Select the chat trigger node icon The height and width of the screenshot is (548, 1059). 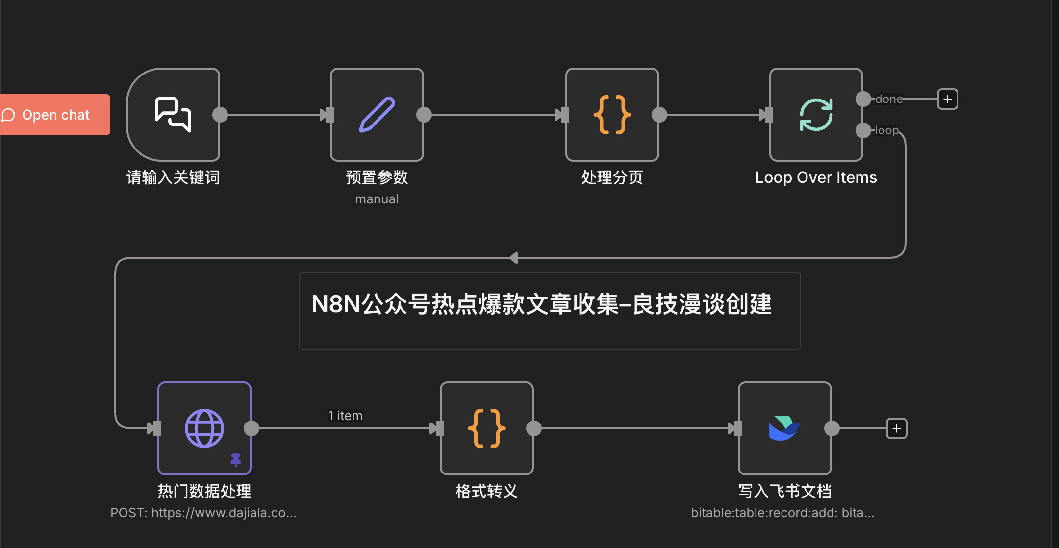(173, 115)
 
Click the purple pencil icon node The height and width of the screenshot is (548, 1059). (377, 115)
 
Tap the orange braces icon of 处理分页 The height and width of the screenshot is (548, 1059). (612, 115)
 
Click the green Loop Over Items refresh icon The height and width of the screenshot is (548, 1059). (816, 115)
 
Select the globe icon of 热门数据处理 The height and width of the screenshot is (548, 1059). (204, 428)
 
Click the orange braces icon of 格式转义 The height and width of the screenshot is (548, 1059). (486, 428)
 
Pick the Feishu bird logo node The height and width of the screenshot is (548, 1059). (784, 428)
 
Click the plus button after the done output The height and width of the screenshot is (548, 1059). (947, 99)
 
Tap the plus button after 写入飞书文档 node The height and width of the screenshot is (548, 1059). (896, 428)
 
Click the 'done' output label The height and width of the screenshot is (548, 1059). (889, 99)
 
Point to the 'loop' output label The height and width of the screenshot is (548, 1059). (887, 130)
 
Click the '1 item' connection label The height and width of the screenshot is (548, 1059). (345, 416)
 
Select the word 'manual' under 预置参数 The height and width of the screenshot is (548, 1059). (377, 199)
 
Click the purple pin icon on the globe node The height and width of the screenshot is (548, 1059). (236, 460)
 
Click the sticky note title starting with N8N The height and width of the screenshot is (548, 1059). (541, 304)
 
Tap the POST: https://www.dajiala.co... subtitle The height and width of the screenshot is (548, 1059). (203, 513)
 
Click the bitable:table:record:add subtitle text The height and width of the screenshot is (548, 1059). (782, 513)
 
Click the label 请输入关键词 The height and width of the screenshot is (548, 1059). (173, 177)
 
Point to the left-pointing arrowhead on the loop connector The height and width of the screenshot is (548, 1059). (513, 258)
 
